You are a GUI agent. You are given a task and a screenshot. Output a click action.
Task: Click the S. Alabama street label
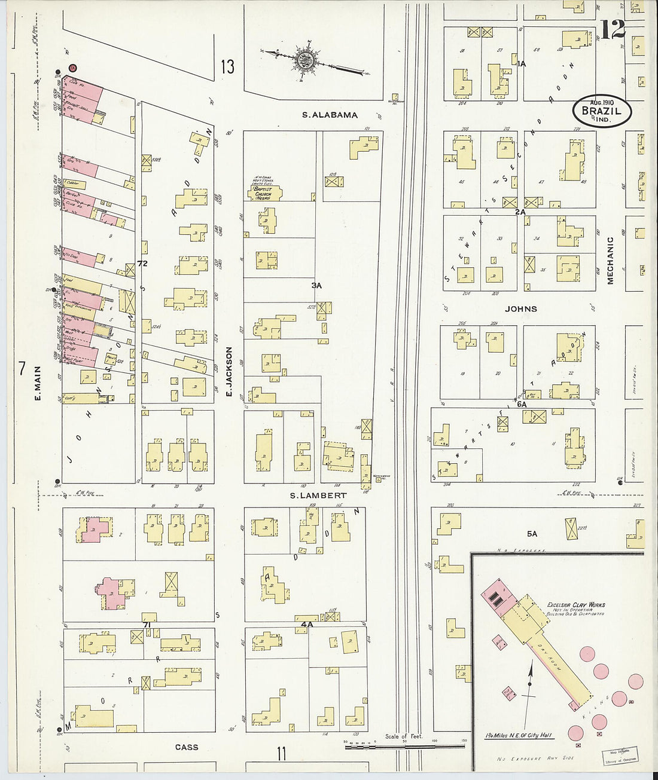pyautogui.click(x=330, y=115)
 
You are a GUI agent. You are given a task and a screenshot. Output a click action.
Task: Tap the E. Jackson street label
pyautogui.click(x=228, y=372)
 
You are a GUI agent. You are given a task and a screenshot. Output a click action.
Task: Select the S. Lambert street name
pyautogui.click(x=318, y=495)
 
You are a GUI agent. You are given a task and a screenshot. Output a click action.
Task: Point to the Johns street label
pyautogui.click(x=521, y=309)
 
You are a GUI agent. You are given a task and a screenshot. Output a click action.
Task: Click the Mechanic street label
pyautogui.click(x=611, y=261)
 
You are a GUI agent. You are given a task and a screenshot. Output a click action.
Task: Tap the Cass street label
pyautogui.click(x=187, y=747)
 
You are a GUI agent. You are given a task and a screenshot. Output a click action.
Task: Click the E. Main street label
pyautogui.click(x=37, y=383)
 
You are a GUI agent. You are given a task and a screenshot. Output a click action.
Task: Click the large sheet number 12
pyautogui.click(x=614, y=29)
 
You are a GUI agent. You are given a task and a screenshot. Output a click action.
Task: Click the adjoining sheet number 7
pyautogui.click(x=22, y=369)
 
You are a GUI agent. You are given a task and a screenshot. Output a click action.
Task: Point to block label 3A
pyautogui.click(x=316, y=286)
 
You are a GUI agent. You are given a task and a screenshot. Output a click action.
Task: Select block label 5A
pyautogui.click(x=532, y=534)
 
